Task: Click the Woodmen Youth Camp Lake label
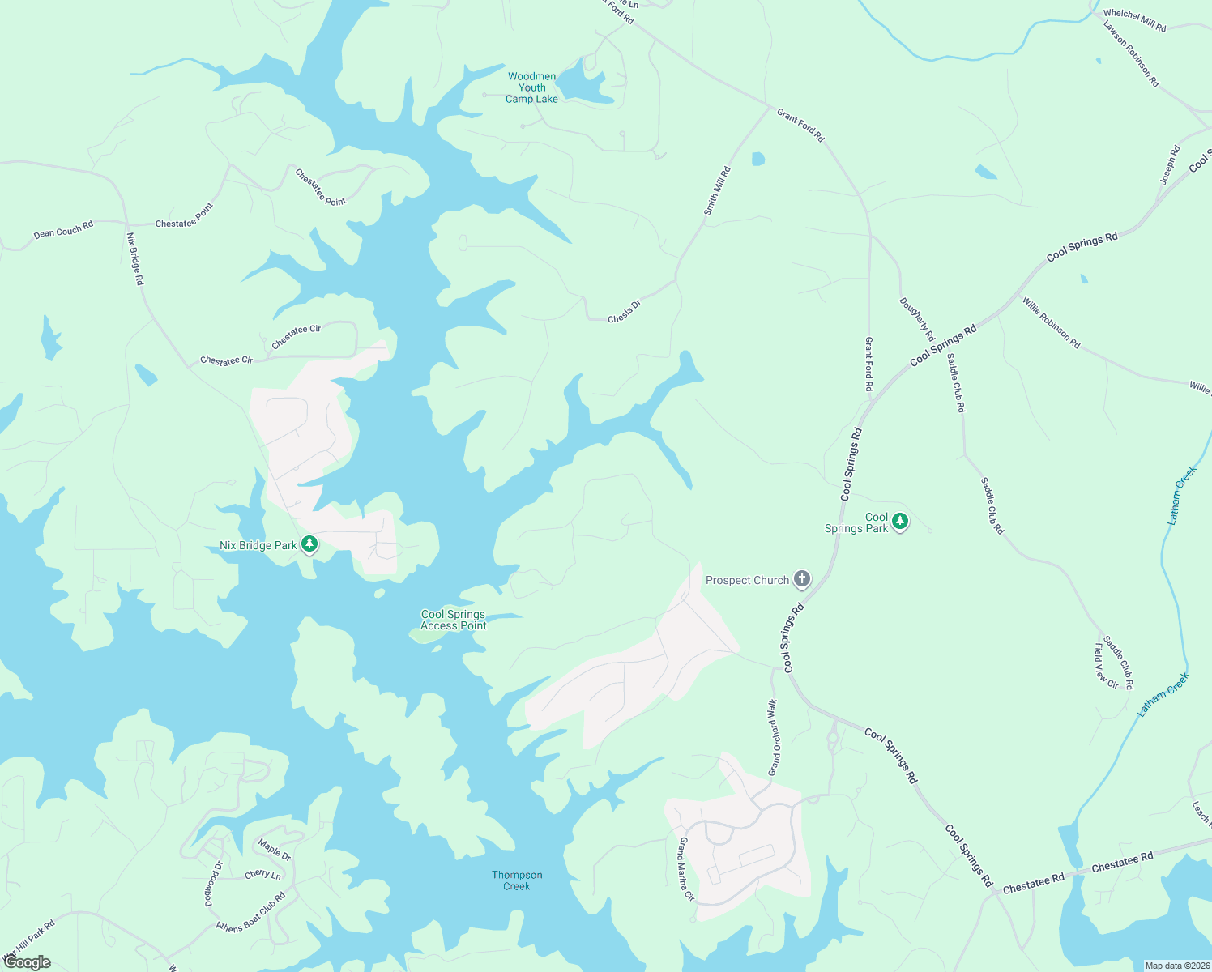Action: click(x=532, y=87)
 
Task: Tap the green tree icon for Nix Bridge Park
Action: click(x=309, y=544)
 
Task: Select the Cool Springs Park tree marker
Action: click(x=899, y=522)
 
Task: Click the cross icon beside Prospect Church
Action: click(x=801, y=579)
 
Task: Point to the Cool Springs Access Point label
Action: click(x=453, y=620)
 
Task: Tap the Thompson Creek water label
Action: click(x=517, y=880)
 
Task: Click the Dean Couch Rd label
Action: click(x=63, y=230)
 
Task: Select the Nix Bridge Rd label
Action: click(x=134, y=258)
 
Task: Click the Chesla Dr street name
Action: click(x=624, y=311)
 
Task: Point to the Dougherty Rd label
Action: click(x=917, y=319)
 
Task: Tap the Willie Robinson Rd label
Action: click(x=1051, y=322)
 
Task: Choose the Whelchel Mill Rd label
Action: click(x=1134, y=21)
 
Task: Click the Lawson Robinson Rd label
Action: click(x=1131, y=53)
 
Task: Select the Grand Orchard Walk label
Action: click(x=774, y=737)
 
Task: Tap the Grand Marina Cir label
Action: click(x=686, y=870)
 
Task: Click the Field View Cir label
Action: click(x=1106, y=666)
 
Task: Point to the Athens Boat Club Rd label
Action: click(x=250, y=913)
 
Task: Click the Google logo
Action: click(x=28, y=962)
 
